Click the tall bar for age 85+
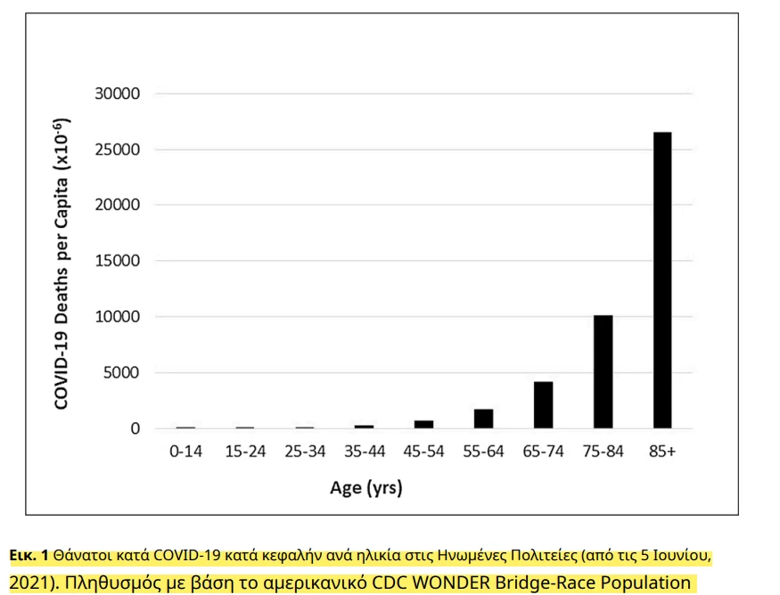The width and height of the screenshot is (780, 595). click(x=661, y=280)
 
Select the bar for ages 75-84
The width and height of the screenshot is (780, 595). click(x=603, y=371)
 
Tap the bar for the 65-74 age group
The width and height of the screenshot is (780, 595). click(x=543, y=404)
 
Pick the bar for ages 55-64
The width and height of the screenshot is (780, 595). click(x=483, y=419)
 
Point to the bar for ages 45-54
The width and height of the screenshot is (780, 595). click(x=423, y=424)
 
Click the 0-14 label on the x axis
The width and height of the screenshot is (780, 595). click(x=185, y=452)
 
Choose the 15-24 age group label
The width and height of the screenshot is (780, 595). click(x=245, y=452)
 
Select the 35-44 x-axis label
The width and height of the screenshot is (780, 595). click(x=364, y=452)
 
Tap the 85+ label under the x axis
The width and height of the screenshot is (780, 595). click(x=661, y=452)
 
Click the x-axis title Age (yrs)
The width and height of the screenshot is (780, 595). click(x=365, y=488)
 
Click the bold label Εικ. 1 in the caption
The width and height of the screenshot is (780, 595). click(x=29, y=557)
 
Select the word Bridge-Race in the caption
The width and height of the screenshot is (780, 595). click(x=538, y=583)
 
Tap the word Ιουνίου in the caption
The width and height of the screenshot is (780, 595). click(x=682, y=557)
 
